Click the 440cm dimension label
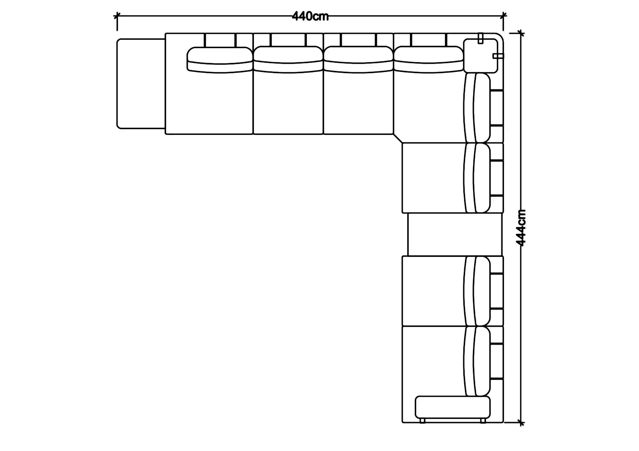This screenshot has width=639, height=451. click(x=310, y=16)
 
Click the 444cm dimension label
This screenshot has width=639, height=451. click(x=521, y=228)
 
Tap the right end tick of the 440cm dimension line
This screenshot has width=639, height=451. click(x=504, y=16)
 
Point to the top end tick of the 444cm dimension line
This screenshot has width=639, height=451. click(x=521, y=33)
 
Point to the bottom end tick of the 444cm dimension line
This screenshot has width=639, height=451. click(x=521, y=423)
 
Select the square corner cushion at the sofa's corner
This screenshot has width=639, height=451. click(x=481, y=56)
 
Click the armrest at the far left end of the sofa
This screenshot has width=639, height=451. click(x=141, y=84)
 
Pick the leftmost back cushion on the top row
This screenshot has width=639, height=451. click(x=220, y=60)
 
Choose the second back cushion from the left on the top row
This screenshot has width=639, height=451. click(x=288, y=60)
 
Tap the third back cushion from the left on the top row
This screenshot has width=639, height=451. click(x=358, y=60)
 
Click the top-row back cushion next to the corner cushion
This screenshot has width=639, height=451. click(x=429, y=60)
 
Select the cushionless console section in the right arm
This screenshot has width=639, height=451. click(x=455, y=234)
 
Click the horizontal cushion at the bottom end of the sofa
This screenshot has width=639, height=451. click(x=453, y=407)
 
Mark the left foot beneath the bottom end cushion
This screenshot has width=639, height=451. click(x=422, y=421)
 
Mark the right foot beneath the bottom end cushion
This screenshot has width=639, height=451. click(x=483, y=421)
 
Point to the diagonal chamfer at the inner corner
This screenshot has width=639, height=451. click(x=398, y=139)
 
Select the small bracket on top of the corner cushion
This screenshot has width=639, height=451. click(x=481, y=38)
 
